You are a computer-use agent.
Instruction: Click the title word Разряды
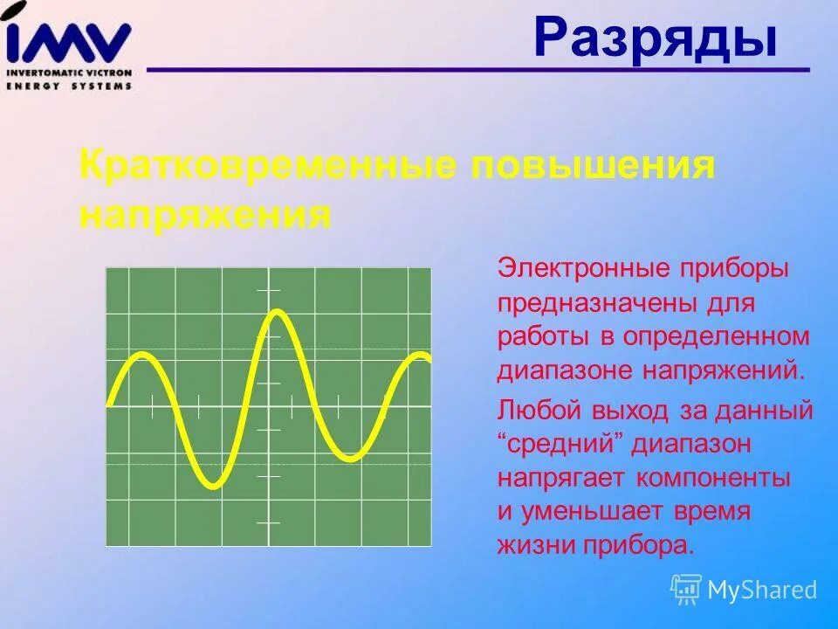tap(655, 39)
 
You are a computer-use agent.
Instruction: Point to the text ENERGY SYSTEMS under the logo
tap(69, 86)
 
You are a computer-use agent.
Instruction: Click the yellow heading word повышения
tap(594, 165)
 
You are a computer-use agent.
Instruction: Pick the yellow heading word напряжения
tap(205, 214)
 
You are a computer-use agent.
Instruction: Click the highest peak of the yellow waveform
tap(276, 311)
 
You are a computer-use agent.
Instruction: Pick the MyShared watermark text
tap(762, 590)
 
